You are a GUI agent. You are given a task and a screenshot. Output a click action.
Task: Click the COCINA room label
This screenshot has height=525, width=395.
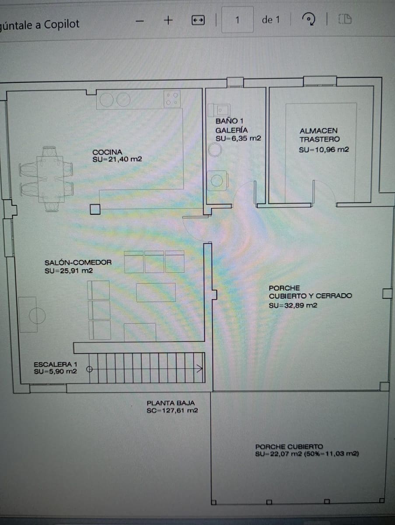107,152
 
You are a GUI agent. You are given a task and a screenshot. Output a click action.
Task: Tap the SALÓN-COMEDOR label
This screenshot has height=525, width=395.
78,262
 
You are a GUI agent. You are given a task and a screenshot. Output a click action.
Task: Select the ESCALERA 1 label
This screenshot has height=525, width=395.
56,364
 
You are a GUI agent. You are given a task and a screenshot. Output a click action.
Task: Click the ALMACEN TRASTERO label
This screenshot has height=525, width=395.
319,135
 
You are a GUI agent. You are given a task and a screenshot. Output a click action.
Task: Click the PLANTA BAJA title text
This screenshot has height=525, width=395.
171,403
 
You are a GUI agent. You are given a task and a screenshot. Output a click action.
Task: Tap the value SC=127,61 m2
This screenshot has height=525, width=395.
172,411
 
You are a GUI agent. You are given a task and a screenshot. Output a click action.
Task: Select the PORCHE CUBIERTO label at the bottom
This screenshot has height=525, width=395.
289,447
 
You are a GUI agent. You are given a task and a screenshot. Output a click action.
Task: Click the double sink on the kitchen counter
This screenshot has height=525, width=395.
115,100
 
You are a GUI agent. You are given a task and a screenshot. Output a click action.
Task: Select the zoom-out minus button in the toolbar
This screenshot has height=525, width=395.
140,21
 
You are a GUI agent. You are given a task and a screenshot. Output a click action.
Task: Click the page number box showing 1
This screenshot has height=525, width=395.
237,20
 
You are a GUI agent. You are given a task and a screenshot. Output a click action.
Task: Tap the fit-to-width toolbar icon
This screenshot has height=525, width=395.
198,20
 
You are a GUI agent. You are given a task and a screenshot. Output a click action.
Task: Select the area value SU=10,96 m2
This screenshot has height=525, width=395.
324,150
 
